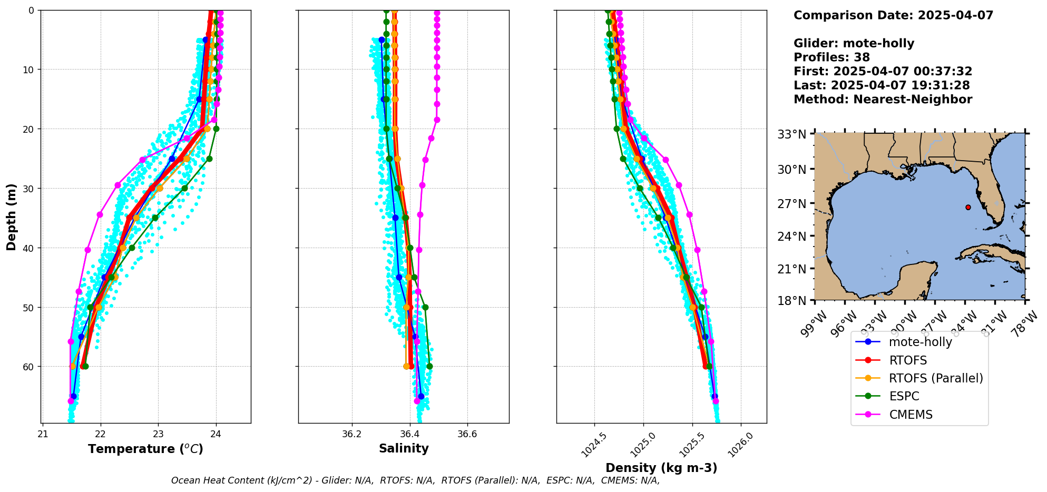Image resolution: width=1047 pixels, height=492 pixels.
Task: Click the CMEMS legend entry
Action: (x=911, y=415)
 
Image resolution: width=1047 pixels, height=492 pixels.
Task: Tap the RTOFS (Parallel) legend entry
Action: (x=936, y=378)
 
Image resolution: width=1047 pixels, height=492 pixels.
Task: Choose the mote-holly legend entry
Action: (x=920, y=342)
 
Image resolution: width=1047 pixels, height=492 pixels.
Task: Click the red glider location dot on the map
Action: (x=968, y=207)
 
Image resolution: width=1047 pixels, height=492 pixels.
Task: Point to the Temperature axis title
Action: (x=145, y=449)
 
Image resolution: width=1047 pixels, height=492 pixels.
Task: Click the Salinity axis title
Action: (x=404, y=448)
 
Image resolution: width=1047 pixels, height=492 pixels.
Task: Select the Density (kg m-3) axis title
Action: (x=661, y=468)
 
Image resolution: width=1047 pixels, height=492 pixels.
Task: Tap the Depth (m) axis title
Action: (x=12, y=217)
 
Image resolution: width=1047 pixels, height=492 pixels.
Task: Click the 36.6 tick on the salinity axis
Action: (x=467, y=435)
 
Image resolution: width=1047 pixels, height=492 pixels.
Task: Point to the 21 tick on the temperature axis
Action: (x=43, y=435)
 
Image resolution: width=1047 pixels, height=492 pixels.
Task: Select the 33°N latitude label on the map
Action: (x=792, y=134)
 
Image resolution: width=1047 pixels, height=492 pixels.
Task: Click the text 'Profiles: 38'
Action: (x=831, y=57)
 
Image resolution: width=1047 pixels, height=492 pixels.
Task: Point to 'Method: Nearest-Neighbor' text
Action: (x=883, y=100)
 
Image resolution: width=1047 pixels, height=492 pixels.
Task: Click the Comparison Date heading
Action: (x=893, y=15)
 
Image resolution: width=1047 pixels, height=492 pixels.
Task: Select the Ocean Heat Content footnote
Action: (x=415, y=480)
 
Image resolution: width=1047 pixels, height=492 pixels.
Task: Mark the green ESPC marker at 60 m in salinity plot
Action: (x=429, y=366)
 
